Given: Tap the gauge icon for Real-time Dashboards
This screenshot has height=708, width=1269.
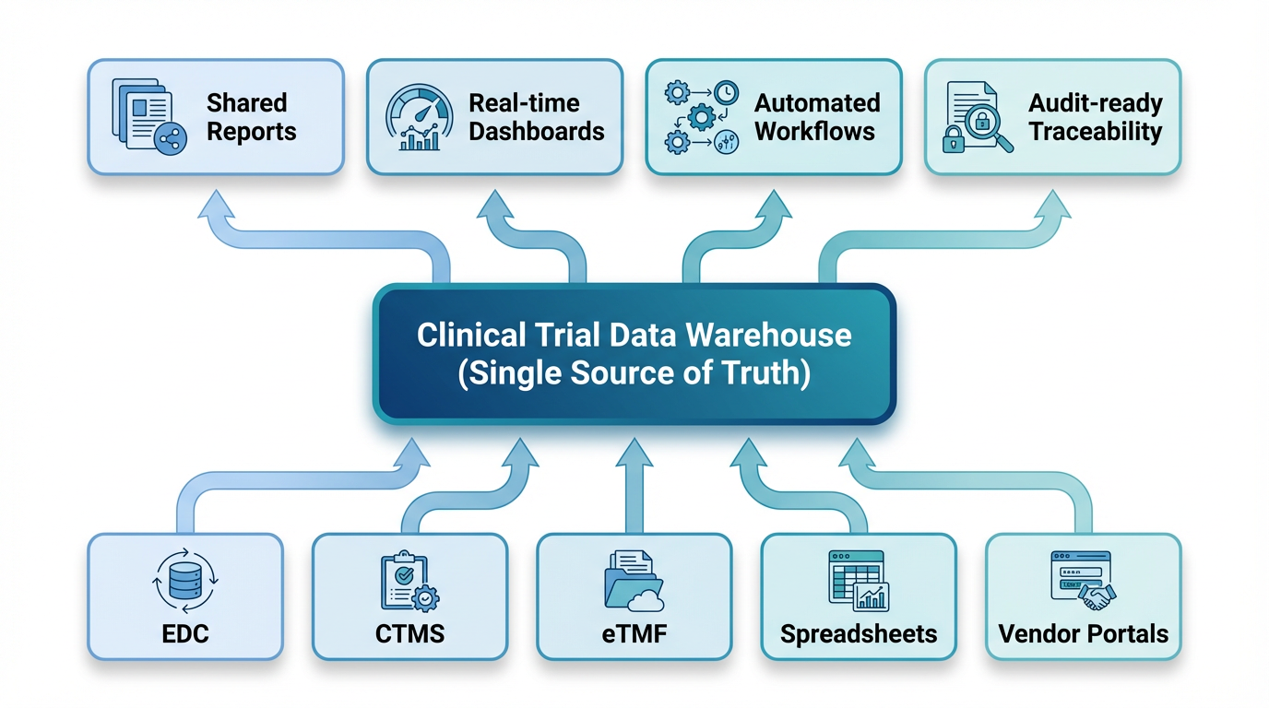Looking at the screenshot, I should tap(421, 117).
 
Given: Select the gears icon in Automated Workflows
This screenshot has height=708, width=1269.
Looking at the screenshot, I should tap(701, 116).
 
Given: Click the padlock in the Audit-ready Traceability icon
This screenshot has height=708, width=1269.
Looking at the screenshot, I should tap(953, 139).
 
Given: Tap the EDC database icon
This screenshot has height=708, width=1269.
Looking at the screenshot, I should tap(184, 582).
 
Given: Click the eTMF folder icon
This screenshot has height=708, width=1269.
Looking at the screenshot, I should tap(633, 582).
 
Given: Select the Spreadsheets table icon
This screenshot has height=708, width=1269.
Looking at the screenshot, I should tap(858, 581).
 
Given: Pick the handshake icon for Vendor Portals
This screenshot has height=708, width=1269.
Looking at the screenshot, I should tap(1097, 596).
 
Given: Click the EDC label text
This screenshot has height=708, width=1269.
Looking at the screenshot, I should tap(184, 634).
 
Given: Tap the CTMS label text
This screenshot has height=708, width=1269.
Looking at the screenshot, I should tap(409, 634).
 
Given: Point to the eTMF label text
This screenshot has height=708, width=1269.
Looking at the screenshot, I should tap(634, 634).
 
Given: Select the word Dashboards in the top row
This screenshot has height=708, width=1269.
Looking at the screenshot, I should tap(536, 131).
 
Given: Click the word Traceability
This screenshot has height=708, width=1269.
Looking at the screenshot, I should tap(1096, 131).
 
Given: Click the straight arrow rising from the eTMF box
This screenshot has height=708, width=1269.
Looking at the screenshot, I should tap(634, 489).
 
